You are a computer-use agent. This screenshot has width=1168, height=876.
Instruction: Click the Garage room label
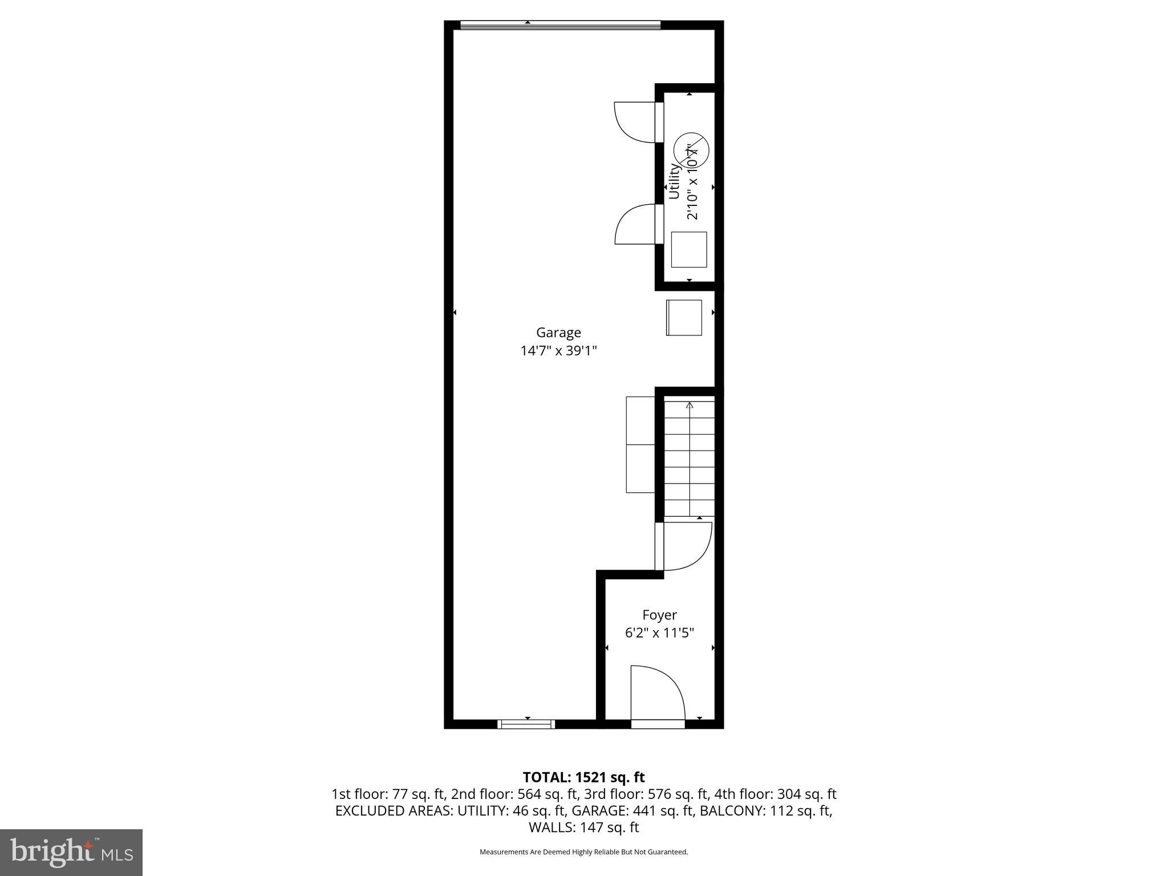point(558,332)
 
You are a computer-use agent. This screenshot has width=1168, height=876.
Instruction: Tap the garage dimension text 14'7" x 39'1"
point(558,351)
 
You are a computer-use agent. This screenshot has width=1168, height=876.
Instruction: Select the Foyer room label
point(659,615)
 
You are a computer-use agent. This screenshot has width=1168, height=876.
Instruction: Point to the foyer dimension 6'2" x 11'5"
point(659,633)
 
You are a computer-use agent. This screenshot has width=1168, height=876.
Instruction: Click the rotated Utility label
point(674,181)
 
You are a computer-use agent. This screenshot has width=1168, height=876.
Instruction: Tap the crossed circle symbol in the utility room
point(691,150)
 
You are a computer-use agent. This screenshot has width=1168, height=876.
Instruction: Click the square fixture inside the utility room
point(689,249)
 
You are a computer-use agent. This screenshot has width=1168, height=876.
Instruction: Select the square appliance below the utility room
point(684,318)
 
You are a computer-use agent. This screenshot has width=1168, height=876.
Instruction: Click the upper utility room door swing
point(634,121)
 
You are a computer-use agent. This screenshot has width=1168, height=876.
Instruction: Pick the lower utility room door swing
point(635,224)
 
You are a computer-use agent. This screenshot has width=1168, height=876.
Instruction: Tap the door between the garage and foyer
point(684,546)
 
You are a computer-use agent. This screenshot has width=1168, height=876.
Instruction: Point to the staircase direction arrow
point(690,406)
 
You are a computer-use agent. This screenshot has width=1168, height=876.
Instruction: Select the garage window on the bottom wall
point(526,724)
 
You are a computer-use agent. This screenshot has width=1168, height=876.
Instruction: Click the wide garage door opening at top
point(559,25)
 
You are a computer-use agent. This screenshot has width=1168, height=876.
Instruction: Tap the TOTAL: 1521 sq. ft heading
point(583,777)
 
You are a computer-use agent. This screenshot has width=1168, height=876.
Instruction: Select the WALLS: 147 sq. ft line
point(583,828)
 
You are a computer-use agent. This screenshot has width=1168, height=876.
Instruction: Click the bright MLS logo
point(71,852)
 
